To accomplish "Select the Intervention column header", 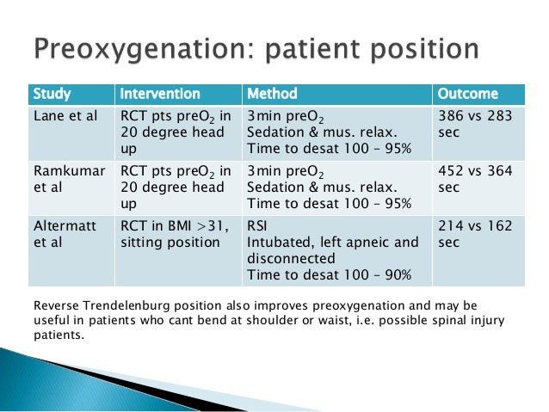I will tap(159, 94).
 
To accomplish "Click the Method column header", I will tap(272, 94).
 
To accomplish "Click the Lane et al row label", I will tap(63, 115).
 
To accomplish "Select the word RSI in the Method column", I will tap(259, 226).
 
